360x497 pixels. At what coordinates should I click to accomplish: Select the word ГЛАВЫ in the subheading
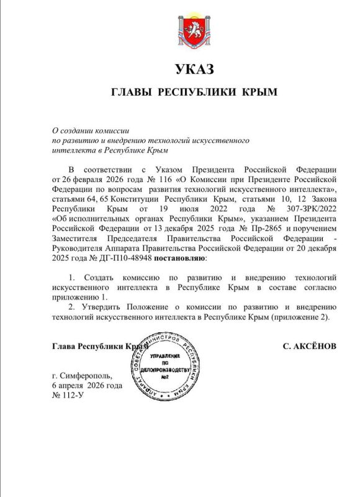click(132, 91)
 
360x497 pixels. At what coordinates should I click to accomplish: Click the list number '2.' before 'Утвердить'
click(72, 306)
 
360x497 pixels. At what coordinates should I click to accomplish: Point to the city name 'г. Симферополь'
click(82, 375)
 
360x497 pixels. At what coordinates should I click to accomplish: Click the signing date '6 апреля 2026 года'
click(87, 385)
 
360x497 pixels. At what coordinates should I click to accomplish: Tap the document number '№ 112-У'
click(68, 395)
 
